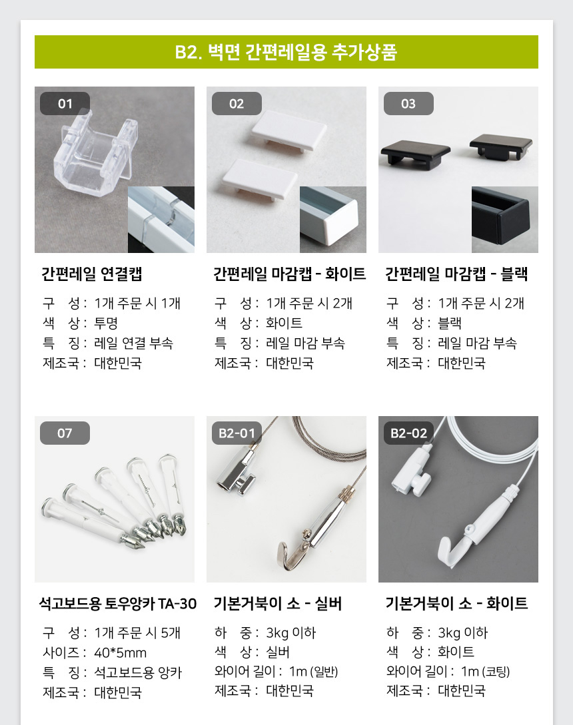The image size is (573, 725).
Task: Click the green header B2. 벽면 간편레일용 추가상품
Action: coord(286,52)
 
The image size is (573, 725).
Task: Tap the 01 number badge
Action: coord(65,104)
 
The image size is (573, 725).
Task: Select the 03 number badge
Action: coord(408,104)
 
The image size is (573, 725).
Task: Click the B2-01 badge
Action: coord(237,433)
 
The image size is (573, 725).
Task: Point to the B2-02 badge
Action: coord(408,433)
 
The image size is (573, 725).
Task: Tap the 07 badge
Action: coord(65,433)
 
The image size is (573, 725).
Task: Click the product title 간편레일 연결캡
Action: coord(92,274)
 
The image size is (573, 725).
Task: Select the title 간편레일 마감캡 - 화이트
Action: coord(290,274)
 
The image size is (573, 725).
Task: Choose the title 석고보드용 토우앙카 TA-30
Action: coord(118,603)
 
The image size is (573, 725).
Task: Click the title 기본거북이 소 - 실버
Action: coord(278,603)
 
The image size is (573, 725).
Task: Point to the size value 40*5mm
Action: coord(121,652)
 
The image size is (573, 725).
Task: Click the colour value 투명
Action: coord(106,323)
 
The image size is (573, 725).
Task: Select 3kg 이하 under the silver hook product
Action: coord(291,632)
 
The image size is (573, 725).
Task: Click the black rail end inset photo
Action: coord(504,220)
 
